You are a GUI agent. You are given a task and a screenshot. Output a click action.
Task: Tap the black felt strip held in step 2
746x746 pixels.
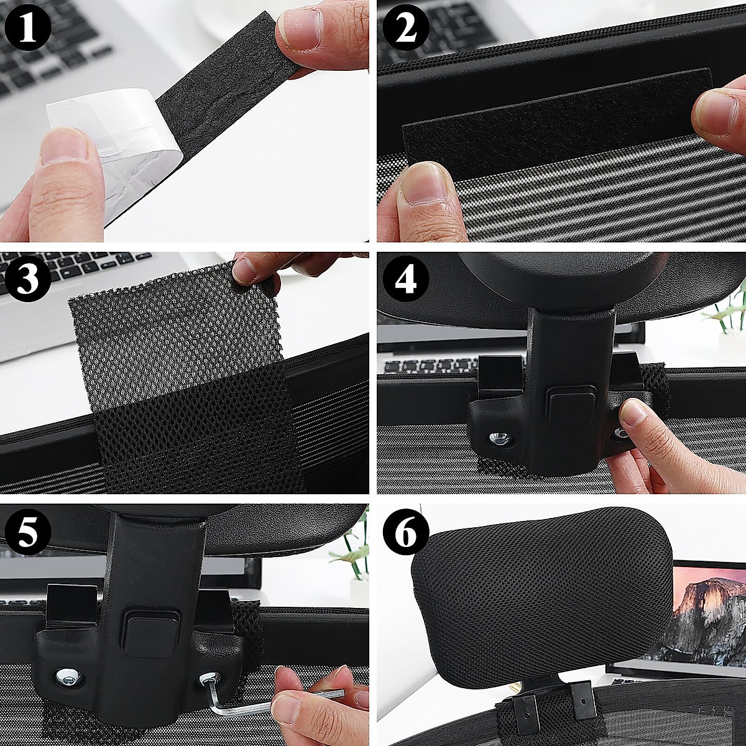[547, 124]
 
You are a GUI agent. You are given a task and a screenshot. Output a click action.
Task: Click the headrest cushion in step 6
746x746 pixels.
[541, 597]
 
